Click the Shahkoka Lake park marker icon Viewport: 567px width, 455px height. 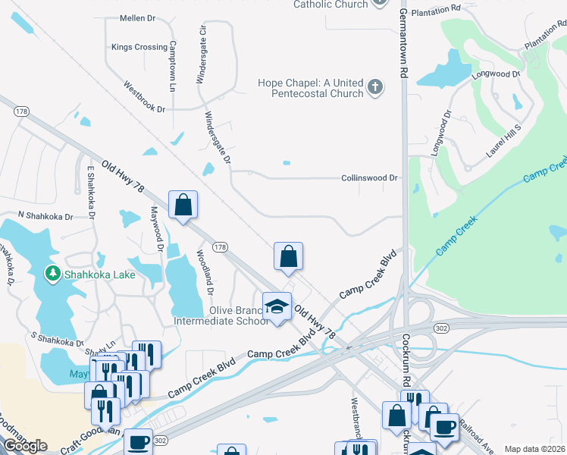[53, 273]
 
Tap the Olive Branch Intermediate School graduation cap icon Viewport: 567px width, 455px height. [277, 306]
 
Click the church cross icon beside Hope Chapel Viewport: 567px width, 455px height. [374, 88]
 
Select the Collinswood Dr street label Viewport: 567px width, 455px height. [369, 178]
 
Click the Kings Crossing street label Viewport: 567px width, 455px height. [139, 47]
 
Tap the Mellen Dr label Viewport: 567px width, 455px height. [138, 17]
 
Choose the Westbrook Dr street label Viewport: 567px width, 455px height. [144, 98]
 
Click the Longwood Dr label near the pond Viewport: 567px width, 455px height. [495, 74]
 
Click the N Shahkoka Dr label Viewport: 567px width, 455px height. [45, 217]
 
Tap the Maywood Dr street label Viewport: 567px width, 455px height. [158, 228]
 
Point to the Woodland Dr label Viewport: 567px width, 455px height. [204, 272]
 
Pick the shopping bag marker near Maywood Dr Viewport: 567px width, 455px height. [183, 205]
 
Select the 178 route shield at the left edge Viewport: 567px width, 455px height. [21, 111]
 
